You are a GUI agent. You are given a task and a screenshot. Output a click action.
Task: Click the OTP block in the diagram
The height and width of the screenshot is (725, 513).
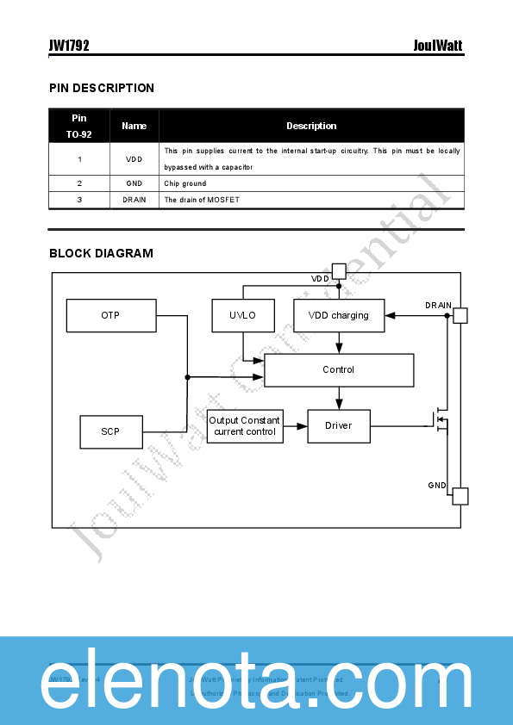point(111,315)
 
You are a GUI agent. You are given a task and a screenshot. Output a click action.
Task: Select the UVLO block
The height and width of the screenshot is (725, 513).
point(242,315)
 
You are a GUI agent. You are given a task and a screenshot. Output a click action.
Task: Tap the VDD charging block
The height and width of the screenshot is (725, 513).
point(338,315)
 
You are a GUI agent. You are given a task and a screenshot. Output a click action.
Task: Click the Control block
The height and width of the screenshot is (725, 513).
point(338,369)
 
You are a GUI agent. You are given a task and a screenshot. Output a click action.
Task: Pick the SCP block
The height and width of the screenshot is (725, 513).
point(110,431)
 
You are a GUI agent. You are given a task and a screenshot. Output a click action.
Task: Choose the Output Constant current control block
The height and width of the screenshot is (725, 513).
point(245,426)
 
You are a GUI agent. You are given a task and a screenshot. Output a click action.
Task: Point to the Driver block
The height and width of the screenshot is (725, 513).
point(338,425)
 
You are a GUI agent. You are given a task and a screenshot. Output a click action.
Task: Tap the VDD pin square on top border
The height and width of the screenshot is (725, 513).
point(339,271)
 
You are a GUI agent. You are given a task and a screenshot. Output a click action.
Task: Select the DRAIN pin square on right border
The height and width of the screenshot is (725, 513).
point(460,316)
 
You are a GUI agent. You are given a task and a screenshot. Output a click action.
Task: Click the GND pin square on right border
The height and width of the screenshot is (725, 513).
point(460,496)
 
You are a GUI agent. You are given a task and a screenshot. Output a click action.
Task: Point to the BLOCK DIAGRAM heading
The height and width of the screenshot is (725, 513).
point(101,253)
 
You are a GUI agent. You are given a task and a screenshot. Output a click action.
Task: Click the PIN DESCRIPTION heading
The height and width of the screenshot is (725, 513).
point(102,88)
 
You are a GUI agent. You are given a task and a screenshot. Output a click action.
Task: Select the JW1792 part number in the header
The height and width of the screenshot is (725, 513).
point(69,46)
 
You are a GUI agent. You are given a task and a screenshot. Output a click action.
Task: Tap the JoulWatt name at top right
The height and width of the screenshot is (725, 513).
point(439,46)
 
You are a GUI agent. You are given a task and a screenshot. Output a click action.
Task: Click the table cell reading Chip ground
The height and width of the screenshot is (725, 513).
point(185,183)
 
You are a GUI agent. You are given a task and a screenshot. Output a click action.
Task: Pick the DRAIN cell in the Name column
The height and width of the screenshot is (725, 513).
point(134,200)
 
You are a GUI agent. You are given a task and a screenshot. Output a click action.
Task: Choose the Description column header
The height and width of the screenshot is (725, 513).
point(311,126)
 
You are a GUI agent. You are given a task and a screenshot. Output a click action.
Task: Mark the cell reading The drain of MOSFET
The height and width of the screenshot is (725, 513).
point(202,200)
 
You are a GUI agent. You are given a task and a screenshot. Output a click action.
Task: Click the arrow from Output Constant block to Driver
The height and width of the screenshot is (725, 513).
point(296,426)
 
